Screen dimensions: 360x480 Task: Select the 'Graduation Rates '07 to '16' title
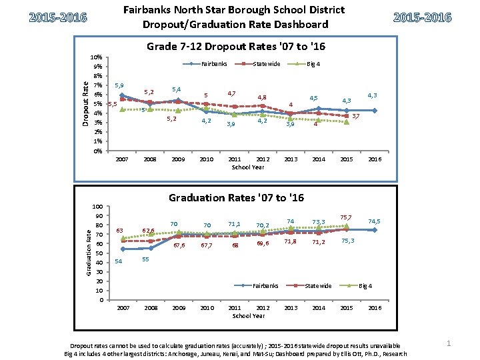[236, 197]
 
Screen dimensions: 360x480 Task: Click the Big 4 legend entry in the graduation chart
[366, 286]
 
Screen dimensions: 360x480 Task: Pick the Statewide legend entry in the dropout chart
[266, 64]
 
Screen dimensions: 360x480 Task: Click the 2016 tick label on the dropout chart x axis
[375, 159]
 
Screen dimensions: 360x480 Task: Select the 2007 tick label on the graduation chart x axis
[123, 308]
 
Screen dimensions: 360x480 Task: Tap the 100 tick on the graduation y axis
[97, 207]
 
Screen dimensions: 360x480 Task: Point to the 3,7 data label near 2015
[356, 117]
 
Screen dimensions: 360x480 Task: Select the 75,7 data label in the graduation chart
[346, 217]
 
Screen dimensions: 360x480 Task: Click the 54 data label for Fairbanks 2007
[118, 261]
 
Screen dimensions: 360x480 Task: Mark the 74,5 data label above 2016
[375, 221]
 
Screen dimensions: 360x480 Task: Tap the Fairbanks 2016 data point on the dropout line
[375, 111]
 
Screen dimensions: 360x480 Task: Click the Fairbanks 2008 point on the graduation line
[151, 248]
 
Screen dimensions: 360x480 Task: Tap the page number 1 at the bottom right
[449, 343]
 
